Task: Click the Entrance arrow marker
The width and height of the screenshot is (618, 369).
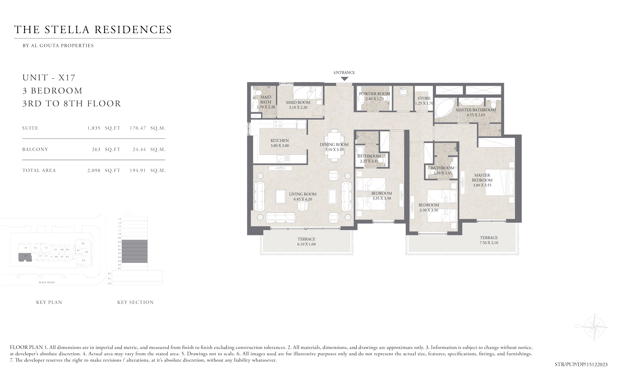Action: point(344,79)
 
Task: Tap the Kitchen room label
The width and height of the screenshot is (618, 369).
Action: point(279,141)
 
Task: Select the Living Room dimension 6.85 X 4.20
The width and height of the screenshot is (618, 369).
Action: point(303,199)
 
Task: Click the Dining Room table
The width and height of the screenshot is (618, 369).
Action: point(334,145)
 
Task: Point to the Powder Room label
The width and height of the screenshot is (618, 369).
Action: point(374,94)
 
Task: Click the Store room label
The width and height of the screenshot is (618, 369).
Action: point(424,98)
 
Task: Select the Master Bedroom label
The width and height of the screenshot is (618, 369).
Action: point(482,178)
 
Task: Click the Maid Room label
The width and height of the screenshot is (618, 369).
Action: point(298,102)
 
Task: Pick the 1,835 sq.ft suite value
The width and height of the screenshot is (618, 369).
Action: point(94,128)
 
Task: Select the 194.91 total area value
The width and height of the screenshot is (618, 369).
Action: point(138,170)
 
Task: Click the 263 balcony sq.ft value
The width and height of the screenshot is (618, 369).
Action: point(96,149)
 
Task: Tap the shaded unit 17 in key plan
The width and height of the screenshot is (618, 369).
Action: point(25,257)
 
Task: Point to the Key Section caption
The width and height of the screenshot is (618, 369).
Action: point(135,302)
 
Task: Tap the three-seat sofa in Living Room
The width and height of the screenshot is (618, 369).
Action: point(281,217)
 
